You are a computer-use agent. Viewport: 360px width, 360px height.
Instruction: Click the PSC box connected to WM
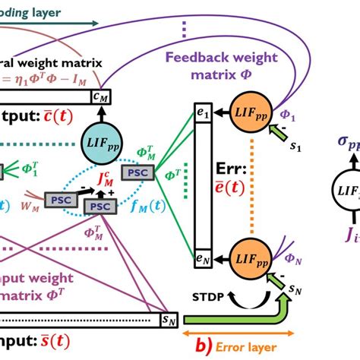click(x=59, y=199)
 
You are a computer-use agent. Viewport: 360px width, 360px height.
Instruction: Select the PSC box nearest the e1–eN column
click(x=139, y=172)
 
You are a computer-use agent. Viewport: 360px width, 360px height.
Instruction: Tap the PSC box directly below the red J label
click(x=99, y=207)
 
